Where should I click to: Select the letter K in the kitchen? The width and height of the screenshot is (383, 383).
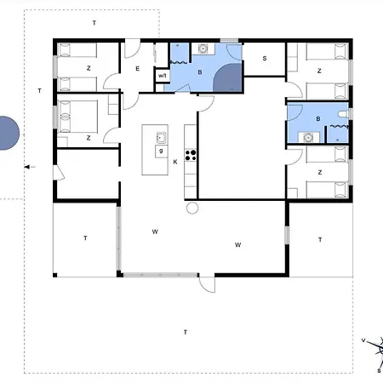[x=175, y=161]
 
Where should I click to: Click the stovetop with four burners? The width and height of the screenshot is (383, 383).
[x=191, y=155]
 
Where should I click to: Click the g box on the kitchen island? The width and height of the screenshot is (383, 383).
[x=160, y=151]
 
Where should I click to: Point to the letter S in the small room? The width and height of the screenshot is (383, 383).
[x=265, y=58]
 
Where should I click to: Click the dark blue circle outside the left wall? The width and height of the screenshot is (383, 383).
[x=6, y=132]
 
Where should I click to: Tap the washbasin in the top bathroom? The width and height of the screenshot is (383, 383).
[x=203, y=49]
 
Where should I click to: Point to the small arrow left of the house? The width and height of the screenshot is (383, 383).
[x=31, y=167]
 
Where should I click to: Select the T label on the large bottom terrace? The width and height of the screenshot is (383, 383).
[x=186, y=331]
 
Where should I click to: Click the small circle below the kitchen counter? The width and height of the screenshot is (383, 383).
[x=191, y=207]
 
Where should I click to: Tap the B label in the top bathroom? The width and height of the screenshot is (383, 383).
[x=199, y=73]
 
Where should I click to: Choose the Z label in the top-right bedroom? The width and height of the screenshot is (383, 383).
[x=318, y=71]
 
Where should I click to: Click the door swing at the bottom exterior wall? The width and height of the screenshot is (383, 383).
[x=207, y=284]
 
